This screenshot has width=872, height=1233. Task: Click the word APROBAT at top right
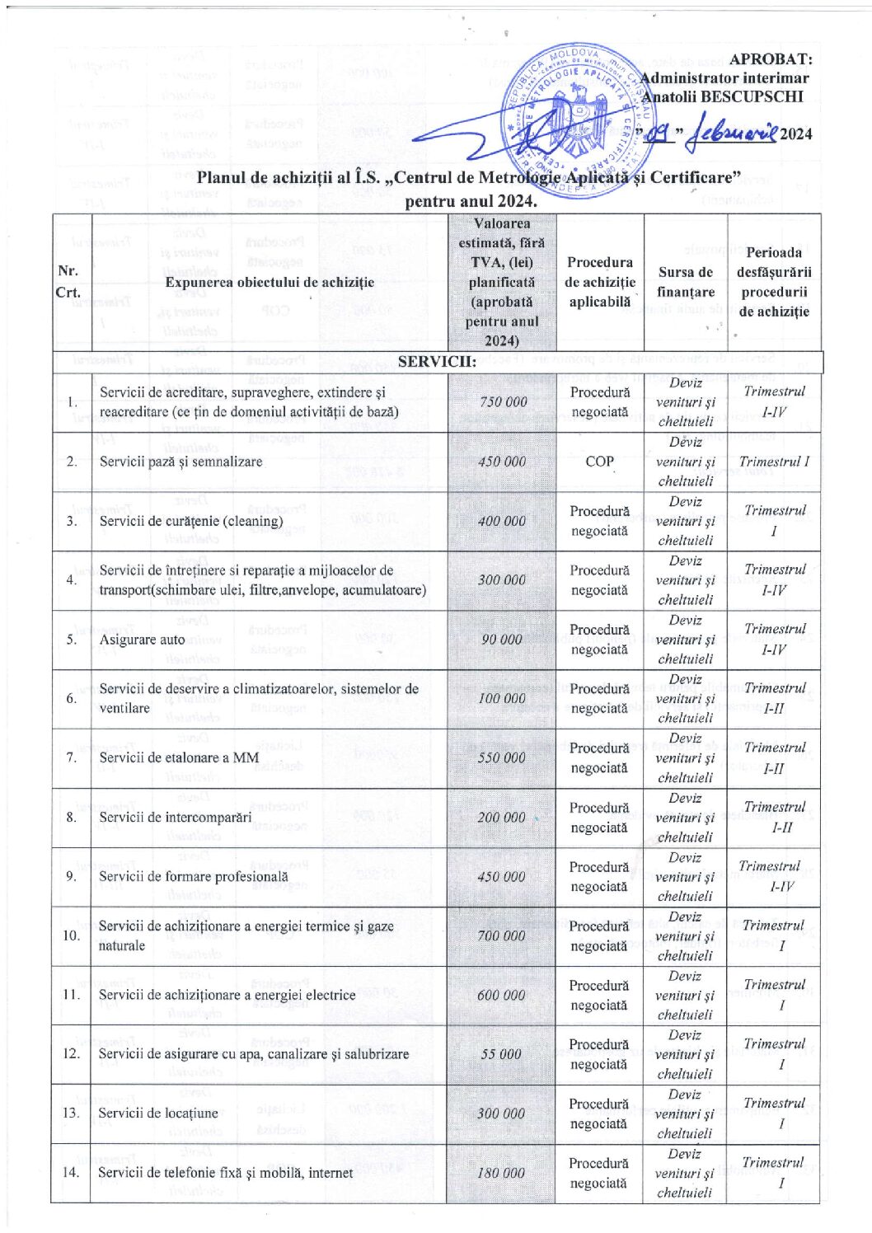pos(771,59)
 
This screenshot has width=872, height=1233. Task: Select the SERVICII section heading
pos(437,361)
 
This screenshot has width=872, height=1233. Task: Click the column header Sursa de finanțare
pos(686,282)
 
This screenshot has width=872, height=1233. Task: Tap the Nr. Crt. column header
pos(68,282)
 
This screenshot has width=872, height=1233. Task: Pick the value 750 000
pos(503,401)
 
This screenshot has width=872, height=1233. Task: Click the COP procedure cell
pos(599,462)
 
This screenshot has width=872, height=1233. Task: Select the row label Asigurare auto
pos(142,640)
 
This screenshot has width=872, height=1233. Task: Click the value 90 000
pos(502,640)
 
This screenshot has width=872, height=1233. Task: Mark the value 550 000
pos(502,757)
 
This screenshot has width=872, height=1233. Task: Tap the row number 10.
pos(72,935)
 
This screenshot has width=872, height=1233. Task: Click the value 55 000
pos(501,1054)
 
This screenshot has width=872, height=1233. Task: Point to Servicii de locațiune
pos(158,1113)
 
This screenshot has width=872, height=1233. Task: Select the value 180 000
pos(501,1172)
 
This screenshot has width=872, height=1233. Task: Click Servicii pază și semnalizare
pos(180,462)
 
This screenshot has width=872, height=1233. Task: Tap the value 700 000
pos(501,935)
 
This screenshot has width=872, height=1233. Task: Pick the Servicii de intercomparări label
pos(175,818)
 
